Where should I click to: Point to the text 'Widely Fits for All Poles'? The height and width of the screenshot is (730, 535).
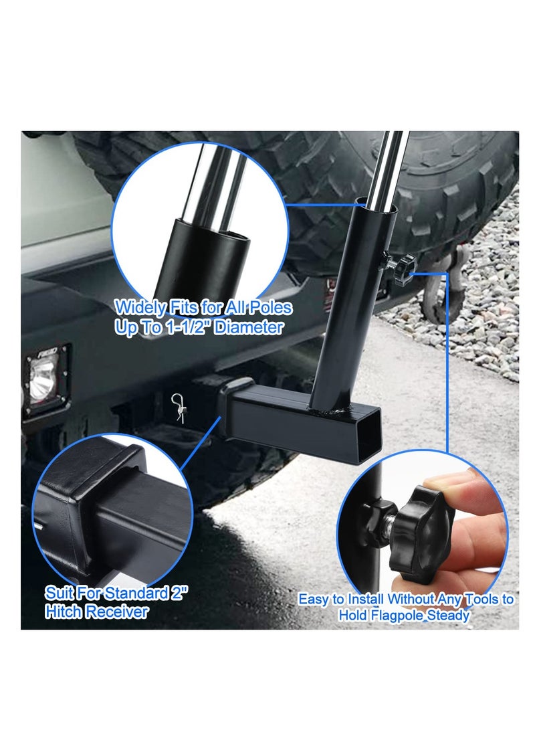click(203, 308)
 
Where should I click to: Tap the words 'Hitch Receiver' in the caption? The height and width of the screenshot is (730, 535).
click(96, 611)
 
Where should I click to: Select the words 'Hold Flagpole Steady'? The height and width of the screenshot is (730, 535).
click(404, 615)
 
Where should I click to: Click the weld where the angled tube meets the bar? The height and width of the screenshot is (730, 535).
click(332, 407)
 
